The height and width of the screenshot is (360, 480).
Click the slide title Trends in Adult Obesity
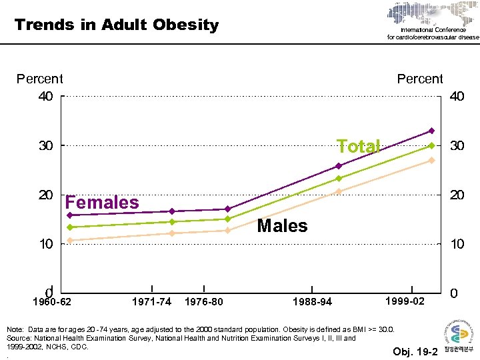(117, 25)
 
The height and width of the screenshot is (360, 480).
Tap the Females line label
(102, 203)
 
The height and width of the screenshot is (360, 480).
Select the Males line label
(282, 226)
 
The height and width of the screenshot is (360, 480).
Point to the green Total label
(358, 147)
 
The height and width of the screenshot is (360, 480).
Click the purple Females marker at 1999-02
(431, 131)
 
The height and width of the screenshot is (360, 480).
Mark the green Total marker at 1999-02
(431, 145)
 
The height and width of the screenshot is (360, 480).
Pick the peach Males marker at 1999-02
(431, 160)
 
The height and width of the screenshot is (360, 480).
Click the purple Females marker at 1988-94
(339, 166)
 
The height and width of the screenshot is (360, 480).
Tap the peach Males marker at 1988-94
(339, 191)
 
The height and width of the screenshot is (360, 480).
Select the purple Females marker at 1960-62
(70, 215)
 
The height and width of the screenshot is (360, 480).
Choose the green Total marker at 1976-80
(227, 219)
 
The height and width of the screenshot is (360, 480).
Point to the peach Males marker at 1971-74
(171, 233)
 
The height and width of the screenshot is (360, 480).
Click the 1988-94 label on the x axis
(312, 302)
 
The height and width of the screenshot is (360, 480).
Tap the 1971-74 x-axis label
(151, 302)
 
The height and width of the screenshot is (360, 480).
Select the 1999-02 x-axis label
(405, 301)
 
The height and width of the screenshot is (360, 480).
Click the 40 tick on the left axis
(45, 97)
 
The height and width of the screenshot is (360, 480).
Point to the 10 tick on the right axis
(457, 245)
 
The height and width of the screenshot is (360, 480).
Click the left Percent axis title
(39, 79)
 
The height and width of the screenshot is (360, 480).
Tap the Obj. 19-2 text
(415, 351)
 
